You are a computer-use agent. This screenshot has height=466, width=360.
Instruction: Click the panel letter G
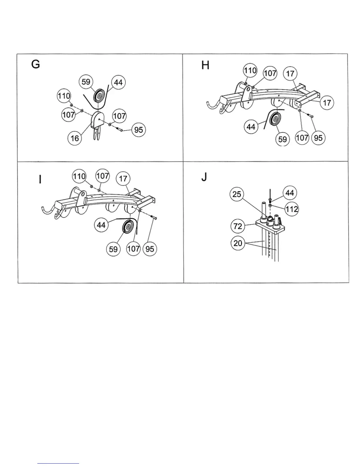pyautogui.click(x=36, y=64)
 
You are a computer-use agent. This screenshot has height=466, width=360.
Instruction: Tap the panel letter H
pyautogui.click(x=205, y=65)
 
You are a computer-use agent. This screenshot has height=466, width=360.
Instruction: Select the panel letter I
pyautogui.click(x=40, y=179)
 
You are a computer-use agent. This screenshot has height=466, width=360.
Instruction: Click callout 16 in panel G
pyautogui.click(x=75, y=138)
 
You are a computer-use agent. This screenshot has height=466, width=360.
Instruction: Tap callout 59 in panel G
pyautogui.click(x=86, y=81)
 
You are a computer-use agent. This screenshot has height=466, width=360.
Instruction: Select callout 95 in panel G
pyautogui.click(x=138, y=129)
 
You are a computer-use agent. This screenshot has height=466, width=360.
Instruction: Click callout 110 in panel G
pyautogui.click(x=64, y=96)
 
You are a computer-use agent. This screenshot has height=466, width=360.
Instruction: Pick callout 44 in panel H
pyautogui.click(x=251, y=127)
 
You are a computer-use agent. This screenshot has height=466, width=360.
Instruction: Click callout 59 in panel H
pyautogui.click(x=283, y=139)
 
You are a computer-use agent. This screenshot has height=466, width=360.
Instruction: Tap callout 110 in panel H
pyautogui.click(x=250, y=71)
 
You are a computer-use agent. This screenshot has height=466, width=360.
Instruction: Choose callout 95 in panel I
pyautogui.click(x=150, y=249)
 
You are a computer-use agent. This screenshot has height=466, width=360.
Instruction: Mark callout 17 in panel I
pyautogui.click(x=123, y=179)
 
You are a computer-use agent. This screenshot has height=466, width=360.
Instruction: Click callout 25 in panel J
pyautogui.click(x=237, y=194)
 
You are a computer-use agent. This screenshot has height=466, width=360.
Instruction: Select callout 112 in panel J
pyautogui.click(x=291, y=209)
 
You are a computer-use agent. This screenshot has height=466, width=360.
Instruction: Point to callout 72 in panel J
pyautogui.click(x=238, y=226)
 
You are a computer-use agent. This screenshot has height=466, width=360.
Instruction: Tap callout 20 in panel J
pyautogui.click(x=238, y=243)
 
